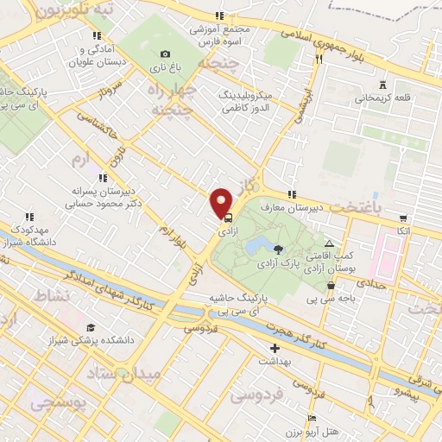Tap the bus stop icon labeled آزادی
tap(228, 219)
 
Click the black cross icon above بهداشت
tap(275, 349)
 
